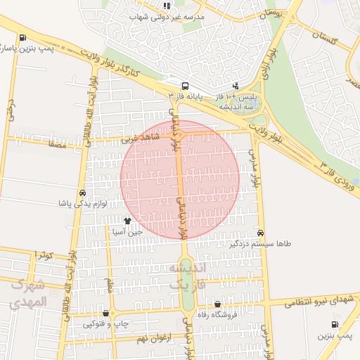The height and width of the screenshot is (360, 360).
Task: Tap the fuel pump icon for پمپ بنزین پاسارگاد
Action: pyautogui.click(x=24, y=38)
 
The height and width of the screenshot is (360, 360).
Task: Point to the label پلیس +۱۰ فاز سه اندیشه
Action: pyautogui.click(x=234, y=100)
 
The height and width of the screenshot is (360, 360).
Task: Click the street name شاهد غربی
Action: pyautogui.click(x=136, y=139)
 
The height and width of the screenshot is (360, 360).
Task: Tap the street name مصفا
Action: pyautogui.click(x=58, y=143)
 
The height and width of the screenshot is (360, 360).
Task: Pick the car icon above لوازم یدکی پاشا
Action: pyautogui.click(x=83, y=193)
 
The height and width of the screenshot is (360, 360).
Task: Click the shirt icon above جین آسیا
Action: pyautogui.click(x=127, y=221)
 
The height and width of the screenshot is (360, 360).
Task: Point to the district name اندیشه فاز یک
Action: pyautogui.click(x=186, y=276)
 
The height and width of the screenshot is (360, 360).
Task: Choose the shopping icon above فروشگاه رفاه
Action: pyautogui.click(x=217, y=304)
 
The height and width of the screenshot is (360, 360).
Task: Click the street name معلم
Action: pyautogui.click(x=110, y=286)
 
